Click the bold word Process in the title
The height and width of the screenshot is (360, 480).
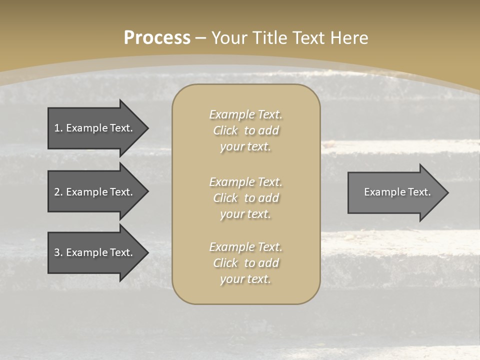pos(157,38)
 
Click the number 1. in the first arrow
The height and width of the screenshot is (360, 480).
pos(58,128)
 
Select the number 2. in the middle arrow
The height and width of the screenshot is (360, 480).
pos(58,192)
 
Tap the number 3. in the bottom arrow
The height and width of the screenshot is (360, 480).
pos(58,252)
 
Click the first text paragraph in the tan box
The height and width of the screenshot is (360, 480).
pos(245,130)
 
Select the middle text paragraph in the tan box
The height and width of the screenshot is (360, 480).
pos(245,198)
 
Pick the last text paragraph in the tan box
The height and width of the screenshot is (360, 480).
pos(245,263)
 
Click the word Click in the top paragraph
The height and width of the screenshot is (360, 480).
pos(225,130)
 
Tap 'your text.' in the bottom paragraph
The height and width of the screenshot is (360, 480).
pos(245,279)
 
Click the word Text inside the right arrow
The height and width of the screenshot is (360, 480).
pos(418,192)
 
